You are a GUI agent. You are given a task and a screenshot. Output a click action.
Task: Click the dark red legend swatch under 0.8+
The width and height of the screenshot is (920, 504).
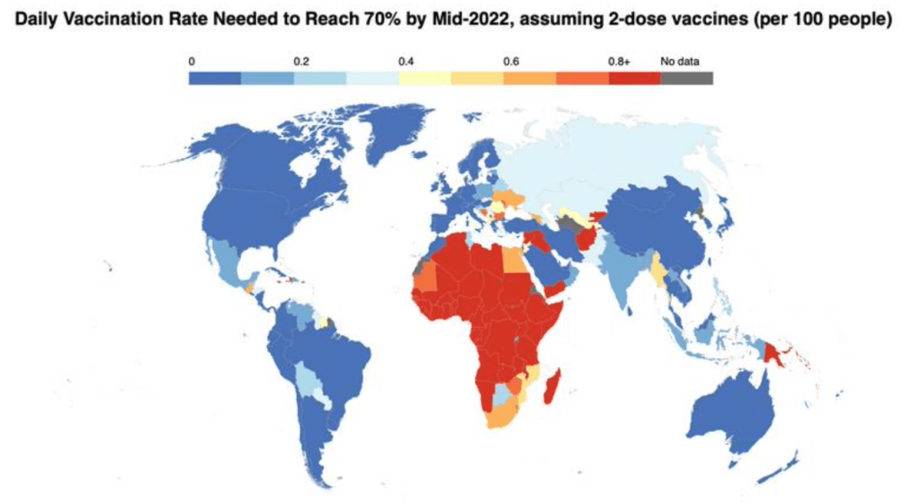pos(634,78)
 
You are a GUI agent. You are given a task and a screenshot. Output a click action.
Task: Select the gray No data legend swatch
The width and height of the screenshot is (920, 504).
pos(686,78)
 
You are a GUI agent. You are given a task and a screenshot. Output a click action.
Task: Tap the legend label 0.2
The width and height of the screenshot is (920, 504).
pos(301,62)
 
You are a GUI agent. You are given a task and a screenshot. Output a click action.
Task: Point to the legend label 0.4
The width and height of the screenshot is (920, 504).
pos(406,62)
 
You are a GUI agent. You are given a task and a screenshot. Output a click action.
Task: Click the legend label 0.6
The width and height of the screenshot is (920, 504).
pos(511,62)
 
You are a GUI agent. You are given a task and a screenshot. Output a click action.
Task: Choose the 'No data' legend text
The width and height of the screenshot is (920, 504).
pos(680,62)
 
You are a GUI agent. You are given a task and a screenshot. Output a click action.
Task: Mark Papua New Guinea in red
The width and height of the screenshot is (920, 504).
pos(774,350)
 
